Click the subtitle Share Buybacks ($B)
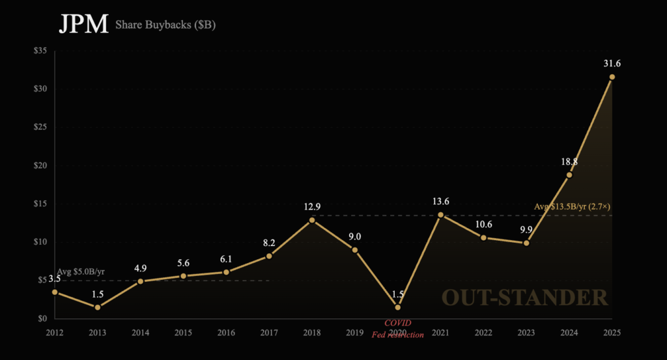165,26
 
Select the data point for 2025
612,77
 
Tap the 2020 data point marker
397,307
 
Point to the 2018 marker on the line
312,220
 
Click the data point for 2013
98,307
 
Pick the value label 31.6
612,63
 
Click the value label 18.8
569,161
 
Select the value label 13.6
441,201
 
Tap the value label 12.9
312,206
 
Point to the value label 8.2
269,242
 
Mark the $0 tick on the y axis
44,318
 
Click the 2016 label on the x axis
226,332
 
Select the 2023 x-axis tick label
526,332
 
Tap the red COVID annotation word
397,323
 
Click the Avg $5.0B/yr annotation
81,271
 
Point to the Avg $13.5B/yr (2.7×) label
573,206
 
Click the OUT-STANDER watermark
525,298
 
